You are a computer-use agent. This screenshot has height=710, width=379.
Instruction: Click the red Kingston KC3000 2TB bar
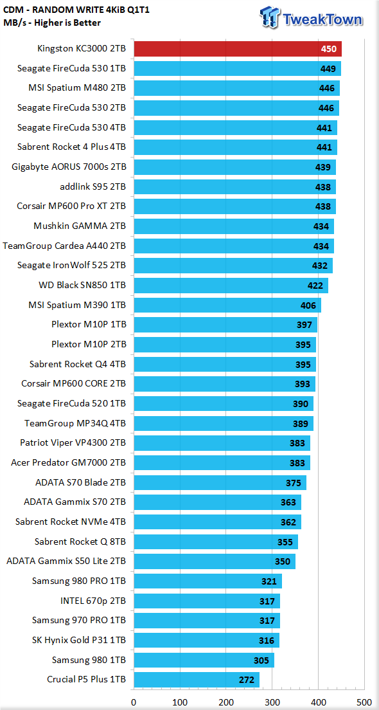pos(238,48)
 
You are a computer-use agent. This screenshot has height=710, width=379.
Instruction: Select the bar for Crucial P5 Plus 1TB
pos(197,680)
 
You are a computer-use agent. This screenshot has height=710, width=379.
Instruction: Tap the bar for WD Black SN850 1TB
pos(231,286)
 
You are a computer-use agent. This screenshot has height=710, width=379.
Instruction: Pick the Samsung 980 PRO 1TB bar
pos(207,581)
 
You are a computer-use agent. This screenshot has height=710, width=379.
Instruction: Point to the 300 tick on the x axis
pos(272,693)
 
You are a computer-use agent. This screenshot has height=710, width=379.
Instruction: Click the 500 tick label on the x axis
pos(364,702)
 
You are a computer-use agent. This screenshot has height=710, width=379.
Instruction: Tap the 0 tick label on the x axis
pos(134,702)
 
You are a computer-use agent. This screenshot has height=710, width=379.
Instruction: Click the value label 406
pos(308,305)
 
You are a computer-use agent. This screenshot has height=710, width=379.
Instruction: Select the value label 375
pos(294,483)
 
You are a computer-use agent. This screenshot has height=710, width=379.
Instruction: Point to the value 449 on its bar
pos(328,69)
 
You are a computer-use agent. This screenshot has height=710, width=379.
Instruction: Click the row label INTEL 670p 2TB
pos(93,601)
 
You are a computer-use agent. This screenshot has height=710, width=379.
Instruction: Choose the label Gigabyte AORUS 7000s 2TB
pos(69,167)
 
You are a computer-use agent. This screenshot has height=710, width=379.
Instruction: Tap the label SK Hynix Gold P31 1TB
pos(79,641)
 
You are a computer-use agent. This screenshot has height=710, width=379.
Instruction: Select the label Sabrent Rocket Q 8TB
pos(80,542)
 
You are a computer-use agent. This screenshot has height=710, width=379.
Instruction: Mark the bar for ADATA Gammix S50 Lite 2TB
pos(215,561)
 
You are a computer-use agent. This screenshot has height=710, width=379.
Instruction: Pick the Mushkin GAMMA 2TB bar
pos(234,226)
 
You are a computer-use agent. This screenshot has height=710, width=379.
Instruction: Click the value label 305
pos(262,660)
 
